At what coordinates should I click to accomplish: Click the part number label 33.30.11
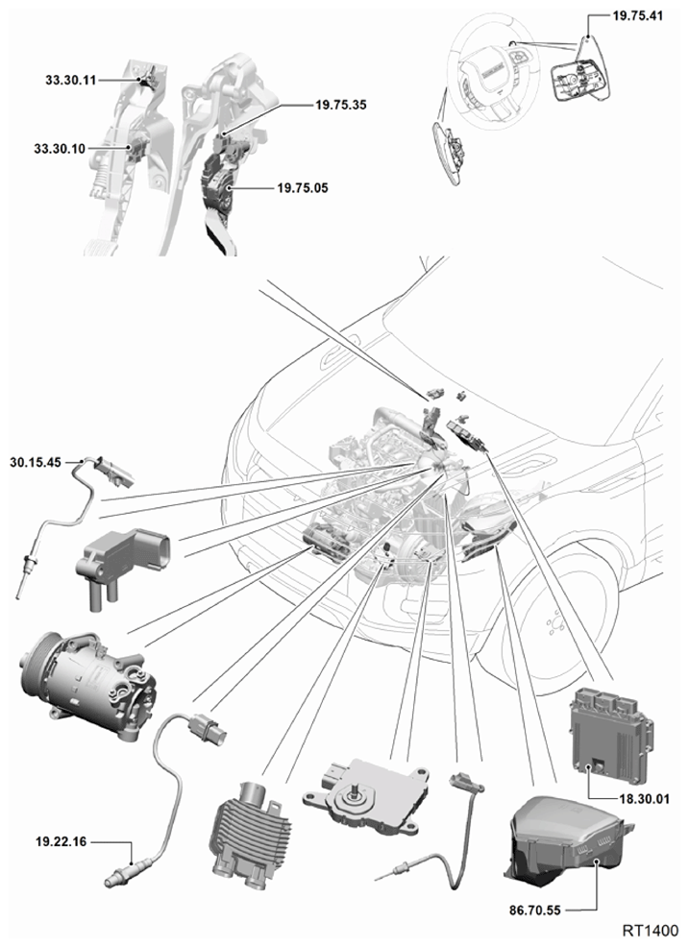pyautogui.click(x=71, y=80)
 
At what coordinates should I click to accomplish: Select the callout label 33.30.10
pyautogui.click(x=60, y=149)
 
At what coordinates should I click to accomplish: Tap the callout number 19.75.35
pyautogui.click(x=341, y=105)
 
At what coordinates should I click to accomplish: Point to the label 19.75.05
pyautogui.click(x=302, y=188)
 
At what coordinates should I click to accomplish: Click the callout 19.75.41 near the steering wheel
pyautogui.click(x=638, y=15)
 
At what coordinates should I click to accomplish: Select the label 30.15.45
pyautogui.click(x=36, y=463)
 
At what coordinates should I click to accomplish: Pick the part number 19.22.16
pyautogui.click(x=62, y=841)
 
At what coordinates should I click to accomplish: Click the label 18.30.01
pyautogui.click(x=645, y=799)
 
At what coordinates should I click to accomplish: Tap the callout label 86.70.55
pyautogui.click(x=535, y=911)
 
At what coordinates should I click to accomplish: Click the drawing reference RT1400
pyautogui.click(x=651, y=931)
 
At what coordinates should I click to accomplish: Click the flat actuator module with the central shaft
pyautogui.click(x=367, y=794)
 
